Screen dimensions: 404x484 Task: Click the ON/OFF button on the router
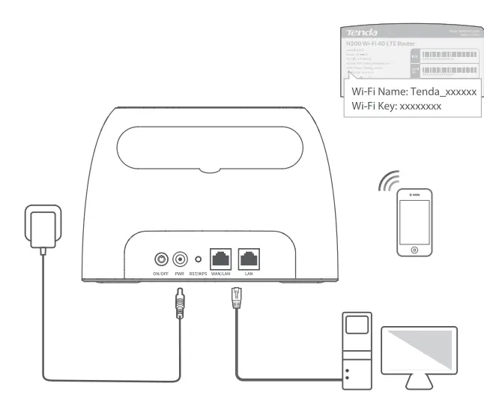pyautogui.click(x=160, y=259)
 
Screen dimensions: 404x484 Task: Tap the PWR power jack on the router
pyautogui.click(x=180, y=259)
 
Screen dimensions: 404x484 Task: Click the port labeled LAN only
pyautogui.click(x=249, y=259)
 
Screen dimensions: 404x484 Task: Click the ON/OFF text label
pyautogui.click(x=160, y=275)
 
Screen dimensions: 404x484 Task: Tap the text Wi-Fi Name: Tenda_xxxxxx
pyautogui.click(x=414, y=91)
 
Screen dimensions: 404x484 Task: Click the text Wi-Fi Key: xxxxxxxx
pyautogui.click(x=396, y=106)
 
